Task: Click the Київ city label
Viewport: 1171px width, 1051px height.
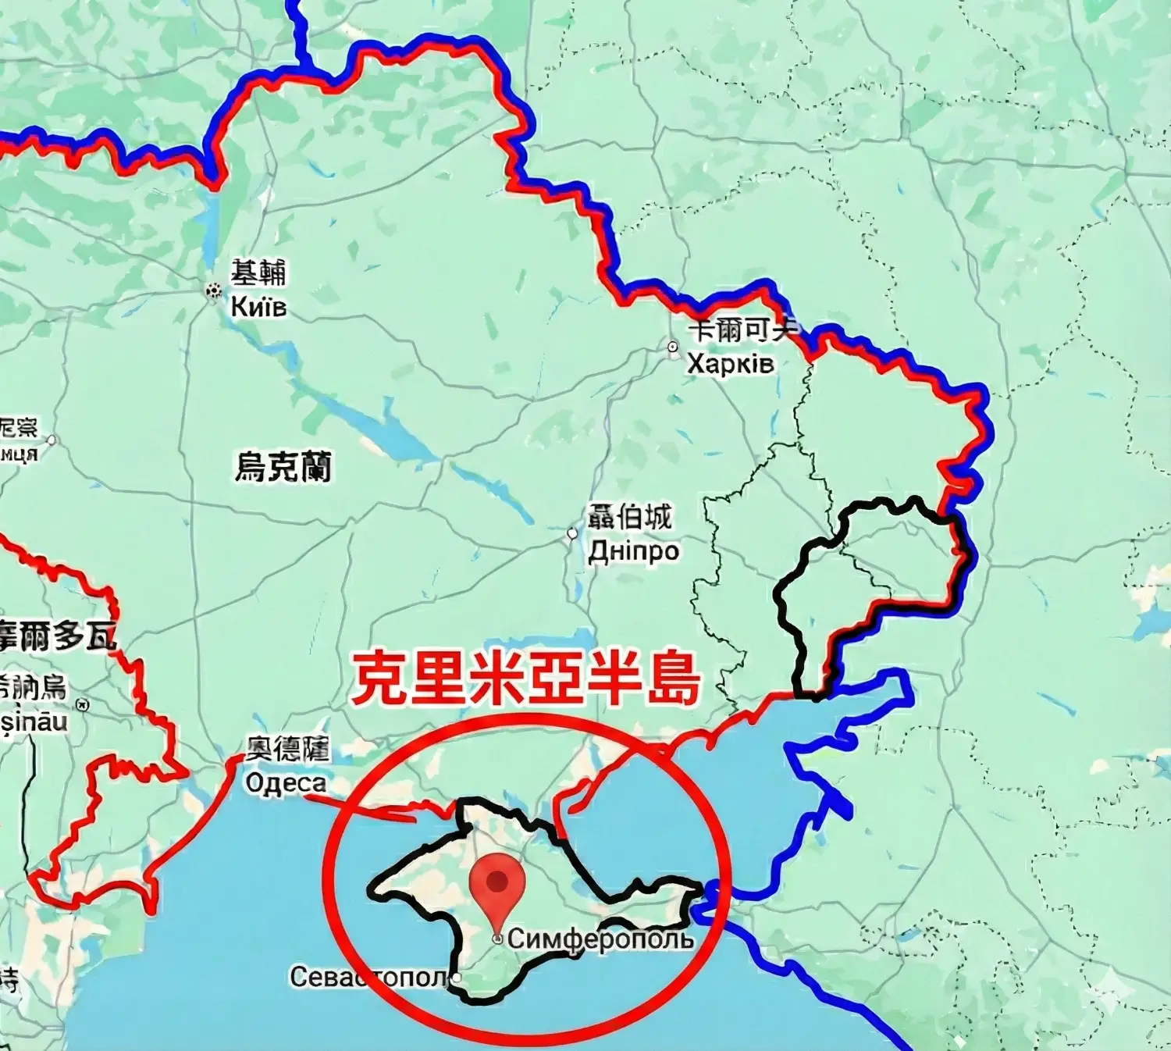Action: tap(258, 307)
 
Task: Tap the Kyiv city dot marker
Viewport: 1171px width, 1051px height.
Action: tap(213, 291)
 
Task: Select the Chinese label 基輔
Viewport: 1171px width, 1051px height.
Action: tap(258, 273)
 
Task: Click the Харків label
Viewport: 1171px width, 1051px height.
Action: tap(731, 364)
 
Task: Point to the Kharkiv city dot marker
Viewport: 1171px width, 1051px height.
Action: tap(673, 347)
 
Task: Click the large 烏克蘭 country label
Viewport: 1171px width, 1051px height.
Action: tap(283, 467)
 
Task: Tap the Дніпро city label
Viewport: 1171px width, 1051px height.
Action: tap(633, 551)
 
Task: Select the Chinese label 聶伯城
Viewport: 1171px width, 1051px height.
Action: tap(629, 517)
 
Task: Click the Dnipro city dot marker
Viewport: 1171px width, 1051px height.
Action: tap(572, 534)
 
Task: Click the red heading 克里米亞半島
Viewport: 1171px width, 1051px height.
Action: tap(525, 679)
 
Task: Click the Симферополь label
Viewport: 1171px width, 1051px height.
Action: tap(600, 939)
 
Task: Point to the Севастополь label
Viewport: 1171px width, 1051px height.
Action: tap(368, 977)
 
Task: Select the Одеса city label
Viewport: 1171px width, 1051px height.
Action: tap(286, 783)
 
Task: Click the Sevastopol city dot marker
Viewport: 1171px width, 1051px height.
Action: tap(457, 977)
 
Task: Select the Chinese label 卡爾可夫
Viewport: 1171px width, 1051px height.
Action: tap(742, 330)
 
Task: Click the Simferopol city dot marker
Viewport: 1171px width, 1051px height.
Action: tap(497, 939)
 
